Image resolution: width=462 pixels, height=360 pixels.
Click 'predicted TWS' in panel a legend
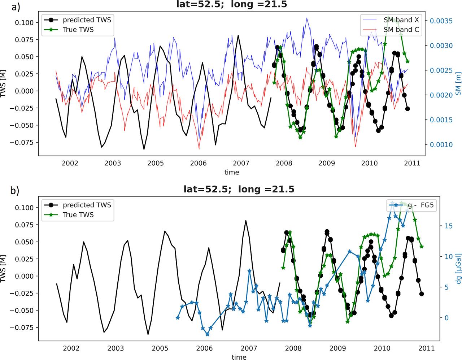(87, 20)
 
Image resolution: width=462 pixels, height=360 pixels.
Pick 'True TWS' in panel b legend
(78, 215)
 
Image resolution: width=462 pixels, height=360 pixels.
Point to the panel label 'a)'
(16, 7)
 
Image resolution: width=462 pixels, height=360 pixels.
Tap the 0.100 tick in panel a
(25, 22)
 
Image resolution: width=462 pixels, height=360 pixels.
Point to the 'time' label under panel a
(231, 172)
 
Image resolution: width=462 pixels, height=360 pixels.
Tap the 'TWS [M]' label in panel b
(5, 268)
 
